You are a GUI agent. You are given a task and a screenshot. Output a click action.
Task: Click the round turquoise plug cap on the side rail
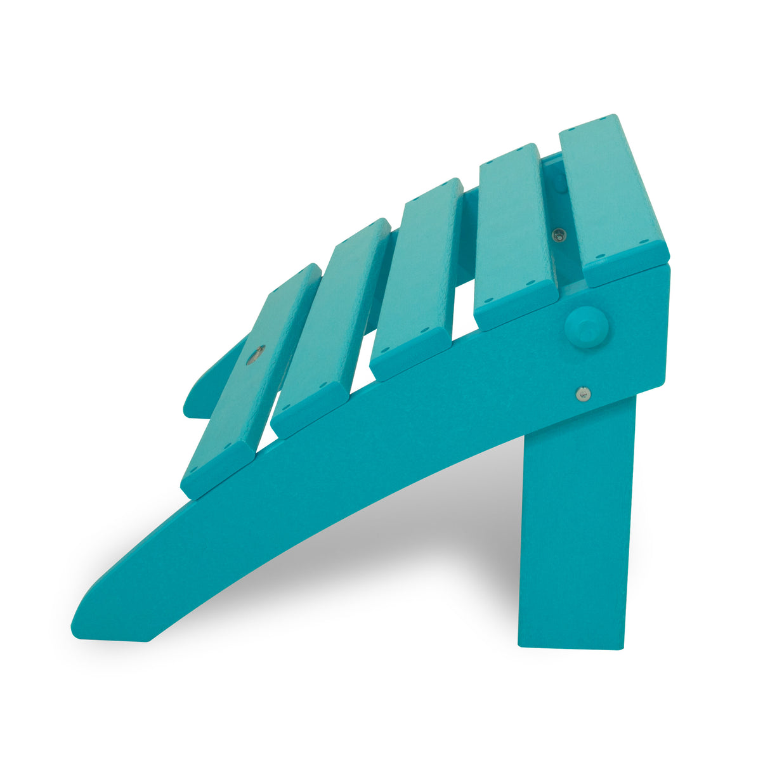tap(586, 327)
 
